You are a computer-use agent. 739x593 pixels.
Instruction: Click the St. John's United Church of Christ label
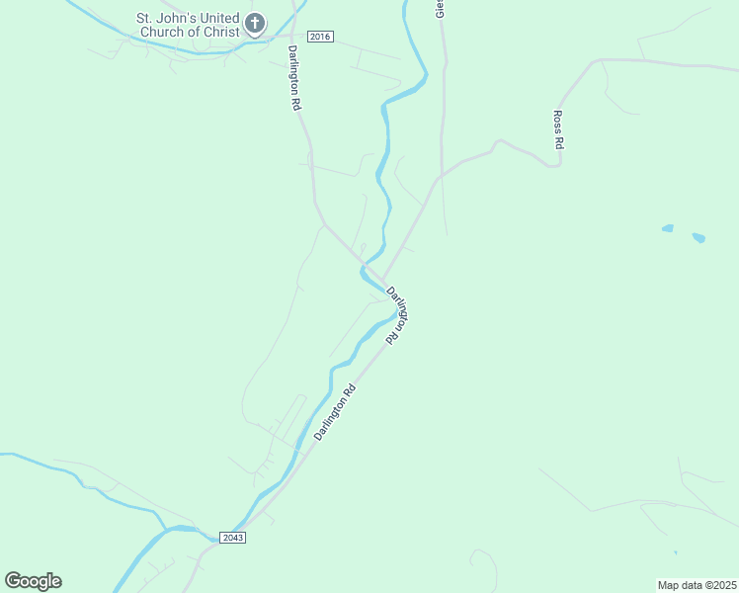tap(188, 25)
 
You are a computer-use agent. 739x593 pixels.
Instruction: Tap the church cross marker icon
tap(255, 23)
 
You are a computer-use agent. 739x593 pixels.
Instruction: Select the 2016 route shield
tap(320, 37)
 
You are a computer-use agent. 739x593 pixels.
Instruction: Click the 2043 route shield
tap(232, 537)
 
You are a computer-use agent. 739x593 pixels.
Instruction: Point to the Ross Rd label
tap(558, 129)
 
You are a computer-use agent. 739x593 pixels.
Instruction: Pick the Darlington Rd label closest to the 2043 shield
tap(334, 412)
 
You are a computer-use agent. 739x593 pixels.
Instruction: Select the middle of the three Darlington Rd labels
tap(398, 314)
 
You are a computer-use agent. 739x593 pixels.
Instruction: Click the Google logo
tap(33, 581)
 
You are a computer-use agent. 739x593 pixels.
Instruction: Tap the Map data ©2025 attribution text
tap(697, 585)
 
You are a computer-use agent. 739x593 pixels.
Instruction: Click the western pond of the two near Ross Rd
tap(668, 228)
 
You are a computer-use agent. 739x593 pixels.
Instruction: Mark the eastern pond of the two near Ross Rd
tap(699, 237)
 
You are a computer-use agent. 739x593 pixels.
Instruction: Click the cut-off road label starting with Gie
tap(441, 9)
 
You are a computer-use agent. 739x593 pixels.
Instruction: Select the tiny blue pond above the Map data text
tap(676, 552)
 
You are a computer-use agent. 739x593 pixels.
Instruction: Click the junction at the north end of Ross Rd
tap(598, 60)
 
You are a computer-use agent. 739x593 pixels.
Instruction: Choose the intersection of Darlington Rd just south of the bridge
tap(383, 281)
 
